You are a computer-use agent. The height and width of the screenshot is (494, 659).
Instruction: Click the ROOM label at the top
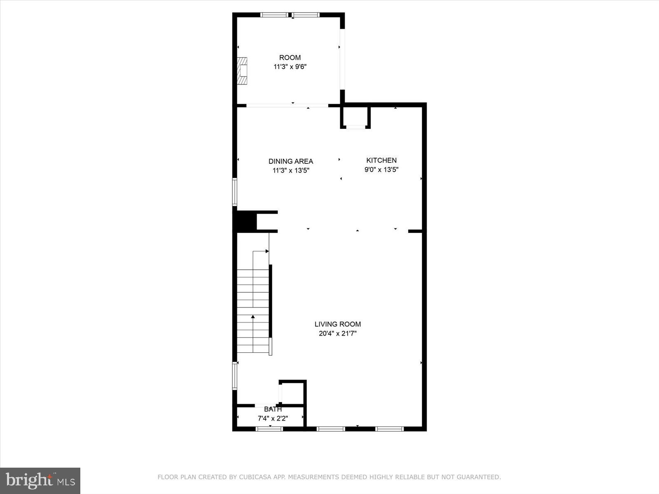tap(290, 58)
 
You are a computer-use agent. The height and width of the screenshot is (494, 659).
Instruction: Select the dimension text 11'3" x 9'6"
tap(290, 67)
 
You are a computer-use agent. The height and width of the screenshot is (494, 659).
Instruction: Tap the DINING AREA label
tap(291, 161)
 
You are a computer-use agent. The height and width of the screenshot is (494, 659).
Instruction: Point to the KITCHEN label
tap(381, 160)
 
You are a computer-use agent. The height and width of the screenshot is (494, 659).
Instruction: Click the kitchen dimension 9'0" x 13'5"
tap(381, 169)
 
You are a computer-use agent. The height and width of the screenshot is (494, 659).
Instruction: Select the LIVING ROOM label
tap(338, 324)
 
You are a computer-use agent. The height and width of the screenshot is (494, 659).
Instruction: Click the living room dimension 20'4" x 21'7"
tap(338, 333)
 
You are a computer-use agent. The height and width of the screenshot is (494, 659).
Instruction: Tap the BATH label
tap(273, 409)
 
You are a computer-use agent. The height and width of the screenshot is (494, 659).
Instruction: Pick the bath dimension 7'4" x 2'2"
tap(273, 419)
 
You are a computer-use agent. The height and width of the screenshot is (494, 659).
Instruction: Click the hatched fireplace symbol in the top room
tap(243, 71)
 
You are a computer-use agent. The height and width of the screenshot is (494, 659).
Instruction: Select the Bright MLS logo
tap(40, 480)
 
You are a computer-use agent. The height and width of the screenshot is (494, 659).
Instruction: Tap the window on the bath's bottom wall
tap(269, 429)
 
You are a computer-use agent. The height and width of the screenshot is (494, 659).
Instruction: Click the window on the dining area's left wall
tap(235, 192)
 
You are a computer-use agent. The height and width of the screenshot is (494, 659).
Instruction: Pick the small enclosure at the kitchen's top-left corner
tap(355, 117)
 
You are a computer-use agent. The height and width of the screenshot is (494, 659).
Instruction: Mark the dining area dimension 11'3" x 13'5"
tap(291, 170)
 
